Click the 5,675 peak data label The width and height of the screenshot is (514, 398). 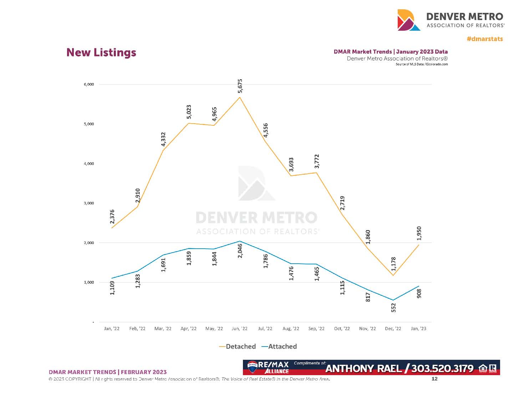(x=240, y=86)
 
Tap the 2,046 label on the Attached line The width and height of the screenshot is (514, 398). (x=240, y=250)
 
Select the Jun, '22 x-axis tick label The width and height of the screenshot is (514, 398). (x=239, y=329)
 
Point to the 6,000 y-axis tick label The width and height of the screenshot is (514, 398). (x=89, y=85)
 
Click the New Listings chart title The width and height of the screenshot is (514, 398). (x=101, y=53)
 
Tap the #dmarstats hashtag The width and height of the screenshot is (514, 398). (x=485, y=39)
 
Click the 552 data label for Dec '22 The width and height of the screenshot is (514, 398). (x=393, y=308)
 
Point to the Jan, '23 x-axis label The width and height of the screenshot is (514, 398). (x=418, y=329)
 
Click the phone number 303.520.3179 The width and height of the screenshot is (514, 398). (x=442, y=368)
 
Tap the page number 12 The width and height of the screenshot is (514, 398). (x=434, y=379)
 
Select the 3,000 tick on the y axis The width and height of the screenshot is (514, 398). (x=89, y=203)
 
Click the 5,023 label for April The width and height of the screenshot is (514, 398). (x=189, y=112)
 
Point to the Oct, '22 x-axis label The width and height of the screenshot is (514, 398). (x=342, y=329)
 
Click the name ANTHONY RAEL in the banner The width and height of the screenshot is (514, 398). (x=363, y=368)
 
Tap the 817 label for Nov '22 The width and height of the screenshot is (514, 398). (x=368, y=297)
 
